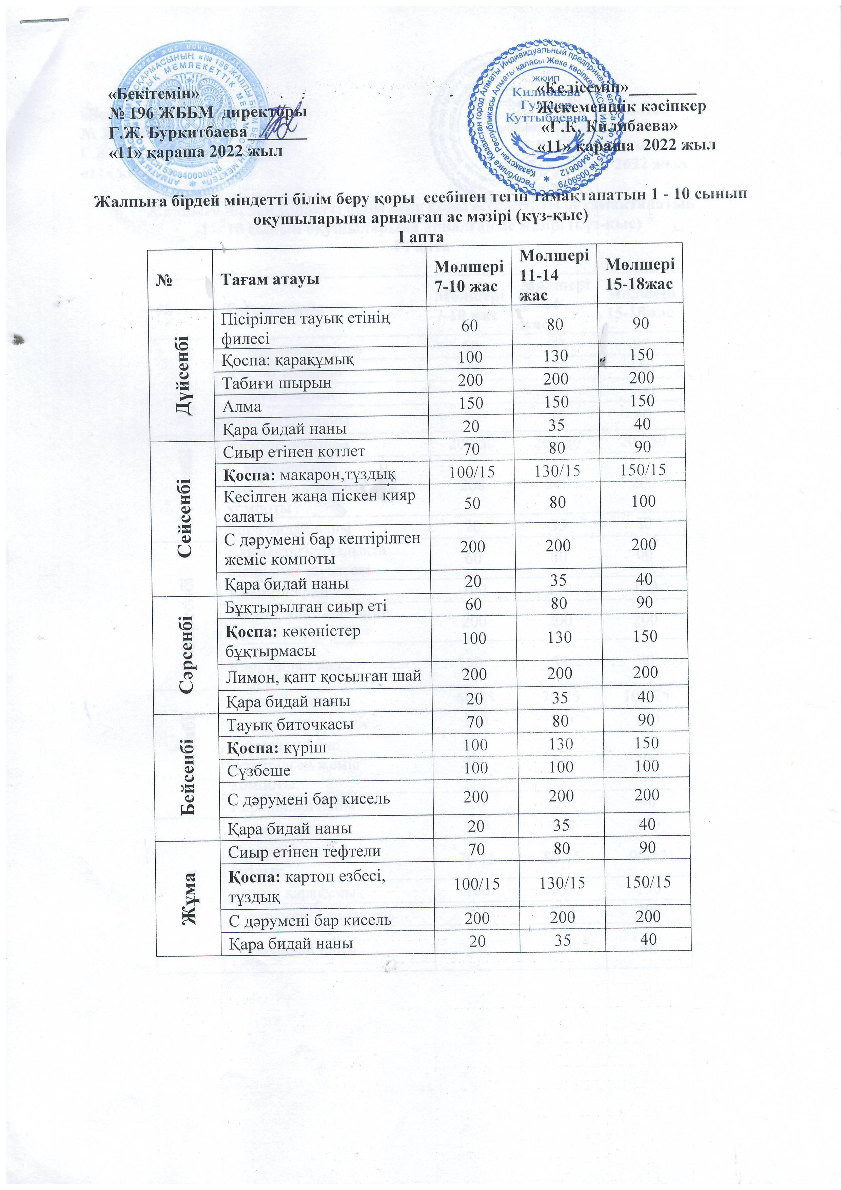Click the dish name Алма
point(241,406)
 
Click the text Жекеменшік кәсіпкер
point(621,107)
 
